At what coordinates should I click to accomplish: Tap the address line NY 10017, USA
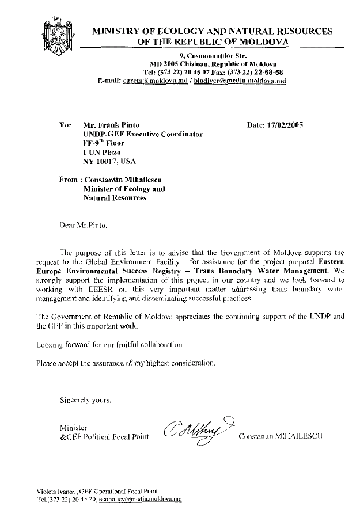[111, 162]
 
